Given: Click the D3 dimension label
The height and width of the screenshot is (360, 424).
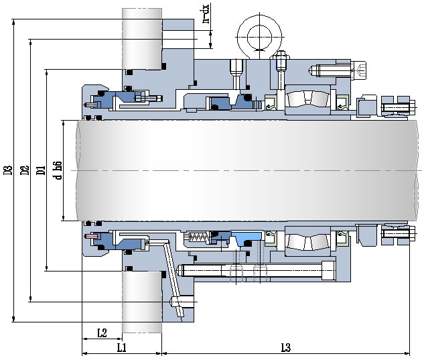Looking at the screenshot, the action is click(x=9, y=170).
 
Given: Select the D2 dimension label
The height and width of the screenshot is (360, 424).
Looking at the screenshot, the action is click(x=25, y=170).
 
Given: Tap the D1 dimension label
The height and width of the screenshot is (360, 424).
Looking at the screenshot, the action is click(x=41, y=170).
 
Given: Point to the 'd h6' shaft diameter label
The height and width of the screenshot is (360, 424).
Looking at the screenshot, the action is click(x=58, y=170).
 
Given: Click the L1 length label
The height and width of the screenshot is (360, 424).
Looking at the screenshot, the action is click(x=121, y=347).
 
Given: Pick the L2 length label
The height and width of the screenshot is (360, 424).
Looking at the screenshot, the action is click(x=102, y=333).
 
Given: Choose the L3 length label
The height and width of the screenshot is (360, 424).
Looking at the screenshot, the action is click(x=285, y=347).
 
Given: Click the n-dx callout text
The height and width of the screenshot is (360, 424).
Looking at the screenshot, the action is click(x=206, y=13).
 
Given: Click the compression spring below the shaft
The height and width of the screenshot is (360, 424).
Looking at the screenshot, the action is click(x=198, y=238).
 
